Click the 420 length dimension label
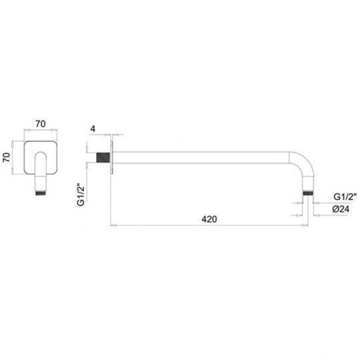209,219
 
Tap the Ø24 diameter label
341,209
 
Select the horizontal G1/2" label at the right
345,197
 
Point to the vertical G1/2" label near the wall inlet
81,195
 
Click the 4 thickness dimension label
93,129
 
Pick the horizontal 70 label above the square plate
41,124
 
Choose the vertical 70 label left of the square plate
7,157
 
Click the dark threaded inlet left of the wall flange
103,157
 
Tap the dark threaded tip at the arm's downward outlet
307,193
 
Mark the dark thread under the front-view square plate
41,193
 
